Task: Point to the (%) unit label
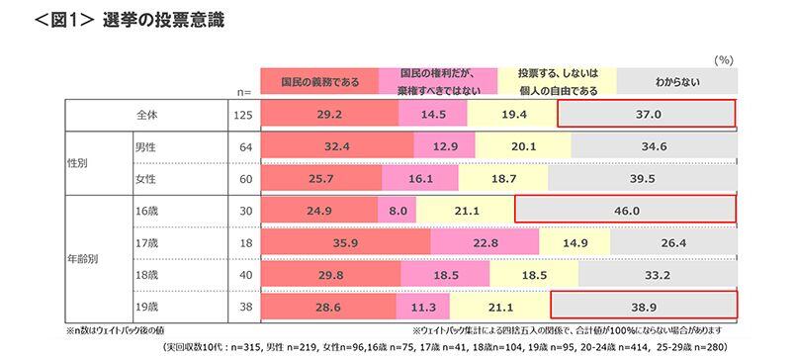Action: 722,60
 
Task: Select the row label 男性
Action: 147,146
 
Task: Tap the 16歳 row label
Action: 146,210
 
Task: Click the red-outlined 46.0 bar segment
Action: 625,210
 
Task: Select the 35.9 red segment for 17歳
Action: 345,241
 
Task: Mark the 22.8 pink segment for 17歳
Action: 485,241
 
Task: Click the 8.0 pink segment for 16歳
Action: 398,210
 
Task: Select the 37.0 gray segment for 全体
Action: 647,115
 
